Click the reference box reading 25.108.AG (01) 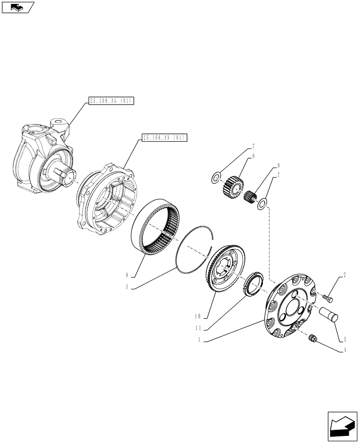click(111, 101)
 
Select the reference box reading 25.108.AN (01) click(164, 137)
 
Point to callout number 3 click(127, 287)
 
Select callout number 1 click(200, 340)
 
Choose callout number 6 click(253, 156)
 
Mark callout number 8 click(278, 166)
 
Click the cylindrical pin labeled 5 click(329, 314)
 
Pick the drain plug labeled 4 click(312, 339)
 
